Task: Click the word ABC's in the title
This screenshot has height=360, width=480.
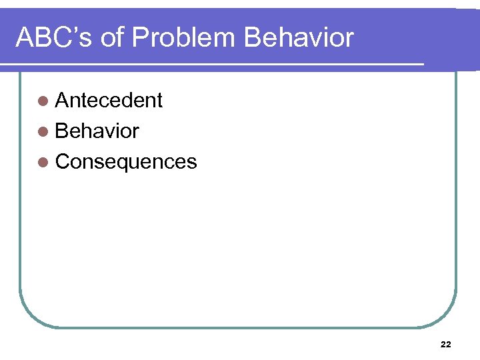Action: pos(53,38)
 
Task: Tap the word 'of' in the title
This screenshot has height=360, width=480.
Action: pos(111,38)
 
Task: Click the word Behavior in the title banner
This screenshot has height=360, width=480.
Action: pos(299,38)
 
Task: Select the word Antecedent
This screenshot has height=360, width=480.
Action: pos(109,101)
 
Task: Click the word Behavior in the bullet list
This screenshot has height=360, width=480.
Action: pos(97,131)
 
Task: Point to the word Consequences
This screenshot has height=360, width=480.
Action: pos(126,162)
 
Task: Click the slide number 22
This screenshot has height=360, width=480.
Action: pos(446,344)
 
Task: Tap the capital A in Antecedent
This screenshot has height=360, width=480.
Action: pos(63,101)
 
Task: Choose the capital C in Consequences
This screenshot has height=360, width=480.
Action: pos(63,162)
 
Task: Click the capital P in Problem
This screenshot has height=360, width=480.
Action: pos(141,38)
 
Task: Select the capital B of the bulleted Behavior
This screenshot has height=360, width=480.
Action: pos(62,131)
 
